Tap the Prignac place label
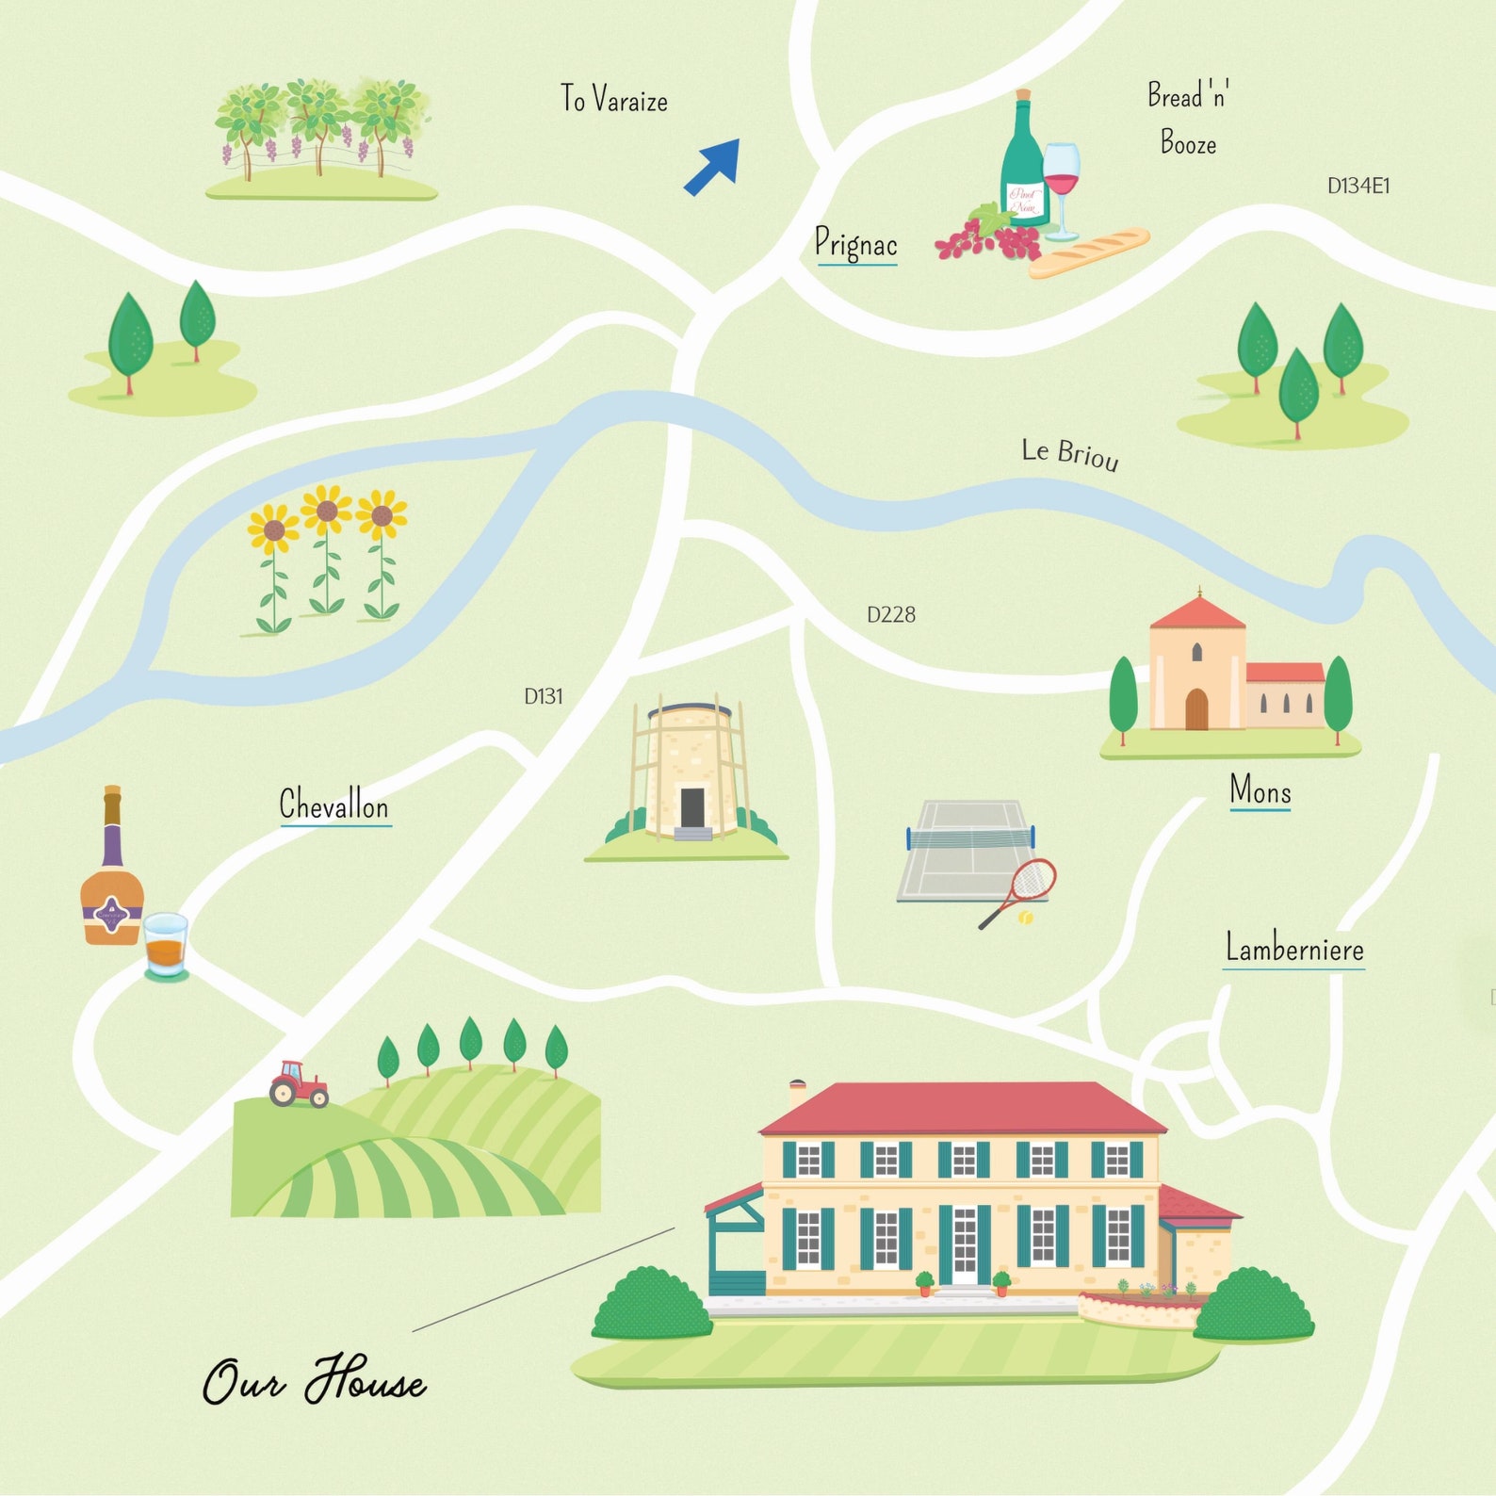coord(855,244)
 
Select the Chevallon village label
coord(333,805)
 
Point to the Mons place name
coord(1260,790)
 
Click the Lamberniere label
coord(1293,948)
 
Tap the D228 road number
coord(890,615)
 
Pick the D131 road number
coord(544,697)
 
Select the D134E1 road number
coord(1358,186)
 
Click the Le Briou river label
coord(1070,454)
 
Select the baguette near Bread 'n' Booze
coord(1089,252)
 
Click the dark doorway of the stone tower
coord(692,806)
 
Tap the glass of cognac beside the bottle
coord(166,945)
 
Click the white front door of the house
coord(965,1244)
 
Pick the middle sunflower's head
coord(327,511)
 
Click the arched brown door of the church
coord(1196,708)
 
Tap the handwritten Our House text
coord(314,1381)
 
